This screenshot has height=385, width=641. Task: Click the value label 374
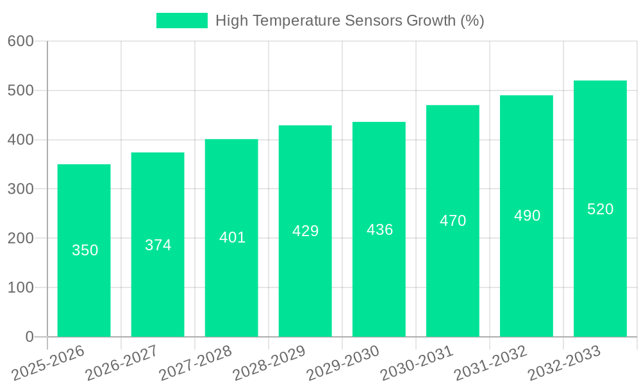point(158,245)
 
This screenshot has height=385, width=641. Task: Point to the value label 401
point(232,237)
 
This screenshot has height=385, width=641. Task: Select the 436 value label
point(379,230)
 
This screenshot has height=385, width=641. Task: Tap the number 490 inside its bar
point(527,216)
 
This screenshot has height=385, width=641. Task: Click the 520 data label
point(600,209)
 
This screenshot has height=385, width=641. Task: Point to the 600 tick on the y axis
point(21,41)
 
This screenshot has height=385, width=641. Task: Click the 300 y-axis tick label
point(21,189)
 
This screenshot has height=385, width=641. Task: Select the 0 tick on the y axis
point(29,337)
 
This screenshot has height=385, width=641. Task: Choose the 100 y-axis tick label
point(21,287)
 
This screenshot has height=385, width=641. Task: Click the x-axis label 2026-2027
point(121,363)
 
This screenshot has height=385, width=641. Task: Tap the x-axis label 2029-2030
point(342,363)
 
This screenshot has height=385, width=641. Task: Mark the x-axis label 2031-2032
point(490,363)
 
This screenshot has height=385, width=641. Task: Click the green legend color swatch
point(182,21)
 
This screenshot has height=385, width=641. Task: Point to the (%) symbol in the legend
point(472,21)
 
